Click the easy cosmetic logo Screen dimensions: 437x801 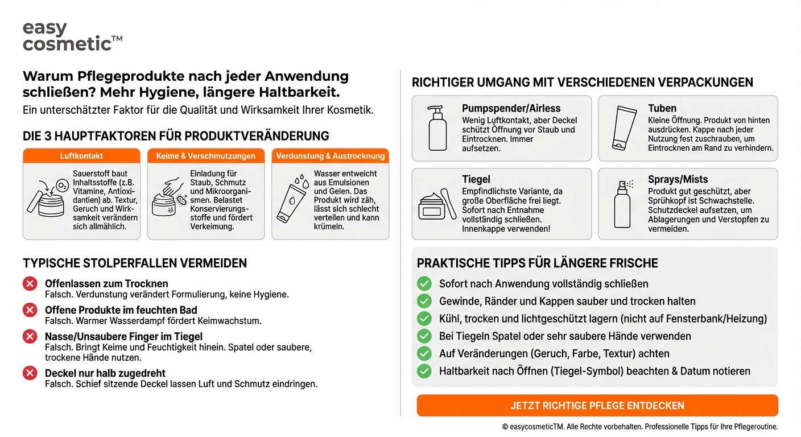pos(72,36)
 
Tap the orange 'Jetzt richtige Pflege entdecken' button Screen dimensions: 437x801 pos(597,406)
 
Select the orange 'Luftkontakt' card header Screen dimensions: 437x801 pos(81,156)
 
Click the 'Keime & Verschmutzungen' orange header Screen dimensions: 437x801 pos(206,156)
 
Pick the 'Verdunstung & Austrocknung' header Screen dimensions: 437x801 pos(330,156)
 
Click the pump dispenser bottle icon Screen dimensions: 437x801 pos(437,128)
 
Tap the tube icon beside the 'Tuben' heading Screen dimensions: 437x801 pos(624,128)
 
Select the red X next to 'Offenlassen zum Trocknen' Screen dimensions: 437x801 pos(30,284)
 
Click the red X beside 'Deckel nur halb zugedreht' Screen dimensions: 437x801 pos(30,373)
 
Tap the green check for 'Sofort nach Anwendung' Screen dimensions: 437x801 pos(424,283)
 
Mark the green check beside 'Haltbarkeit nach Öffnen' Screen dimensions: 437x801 pos(424,371)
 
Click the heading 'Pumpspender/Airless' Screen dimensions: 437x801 pos(511,108)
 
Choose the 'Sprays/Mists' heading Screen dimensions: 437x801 pos(678,179)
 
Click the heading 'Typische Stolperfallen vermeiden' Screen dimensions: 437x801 pos(135,263)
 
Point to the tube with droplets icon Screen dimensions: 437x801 pos(291,199)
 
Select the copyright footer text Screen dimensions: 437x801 pos(639,427)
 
